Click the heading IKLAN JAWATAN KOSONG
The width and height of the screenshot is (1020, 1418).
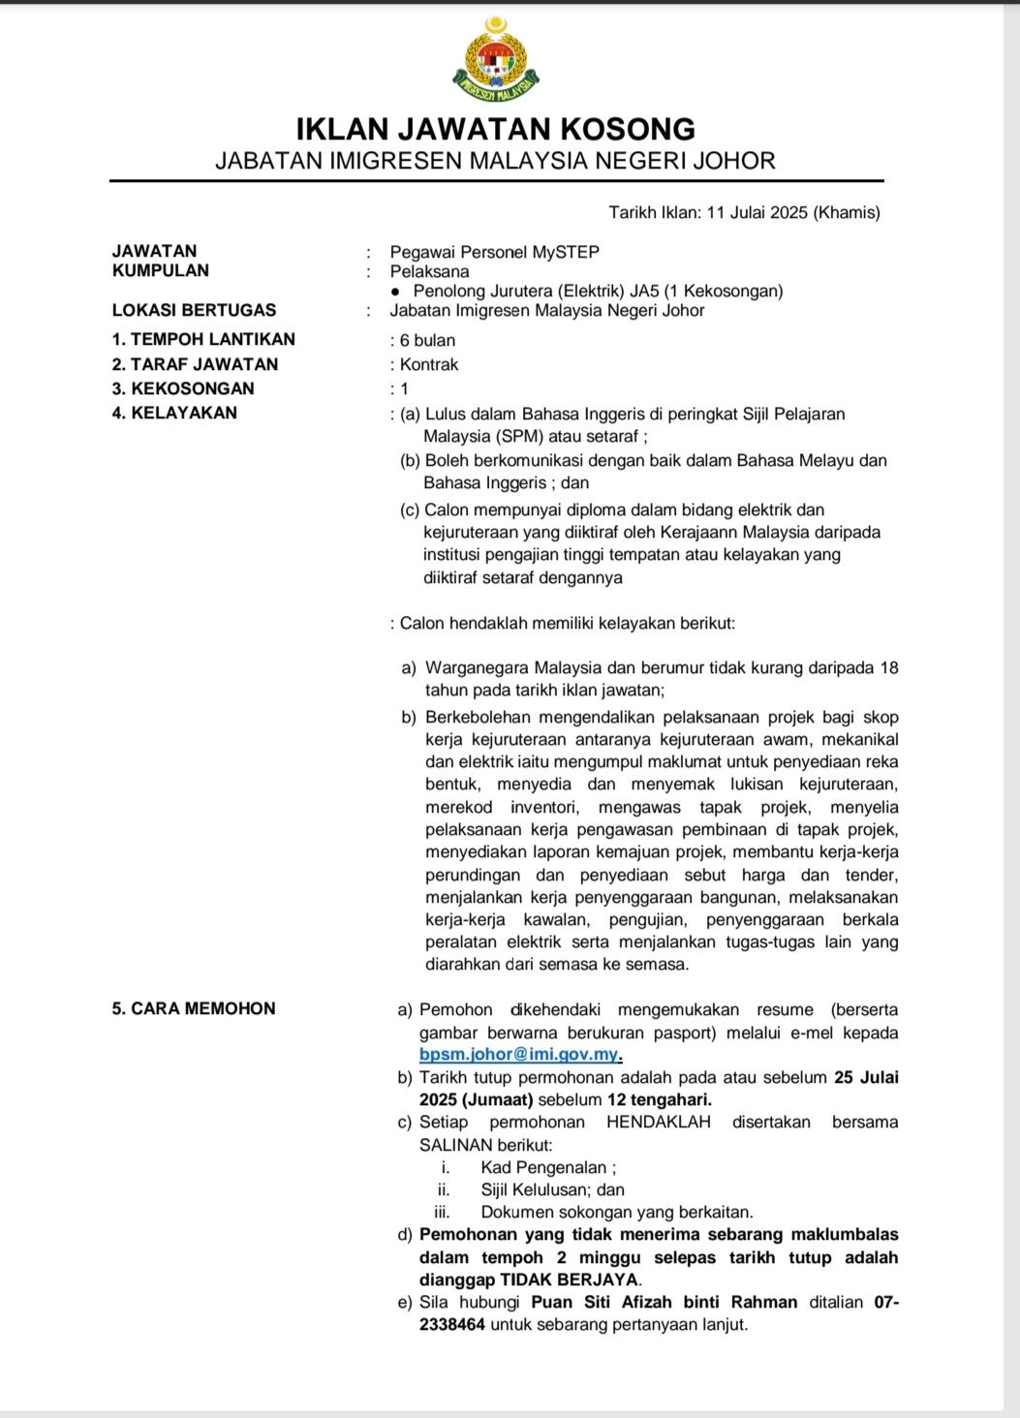pos(495,129)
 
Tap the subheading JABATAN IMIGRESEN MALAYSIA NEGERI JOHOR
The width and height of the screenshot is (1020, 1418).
pos(495,161)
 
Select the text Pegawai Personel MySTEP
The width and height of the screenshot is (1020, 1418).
pos(494,252)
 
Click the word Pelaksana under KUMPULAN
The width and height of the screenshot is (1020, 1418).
pos(429,271)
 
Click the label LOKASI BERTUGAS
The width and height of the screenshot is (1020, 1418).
pos(194,310)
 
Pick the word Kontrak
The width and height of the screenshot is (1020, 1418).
pos(429,364)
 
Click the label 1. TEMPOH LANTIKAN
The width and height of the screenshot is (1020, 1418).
pos(203,339)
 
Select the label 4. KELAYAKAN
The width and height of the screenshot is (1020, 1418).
pos(174,413)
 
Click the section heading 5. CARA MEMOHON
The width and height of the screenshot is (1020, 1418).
pos(194,1008)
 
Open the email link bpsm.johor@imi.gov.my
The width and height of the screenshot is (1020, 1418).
pos(519,1055)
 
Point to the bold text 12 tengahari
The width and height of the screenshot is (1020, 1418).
pos(659,1099)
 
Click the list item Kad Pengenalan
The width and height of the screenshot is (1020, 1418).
pos(547,1167)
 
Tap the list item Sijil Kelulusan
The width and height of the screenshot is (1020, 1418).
pos(552,1189)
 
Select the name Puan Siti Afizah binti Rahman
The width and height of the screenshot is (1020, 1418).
pos(664,1302)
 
